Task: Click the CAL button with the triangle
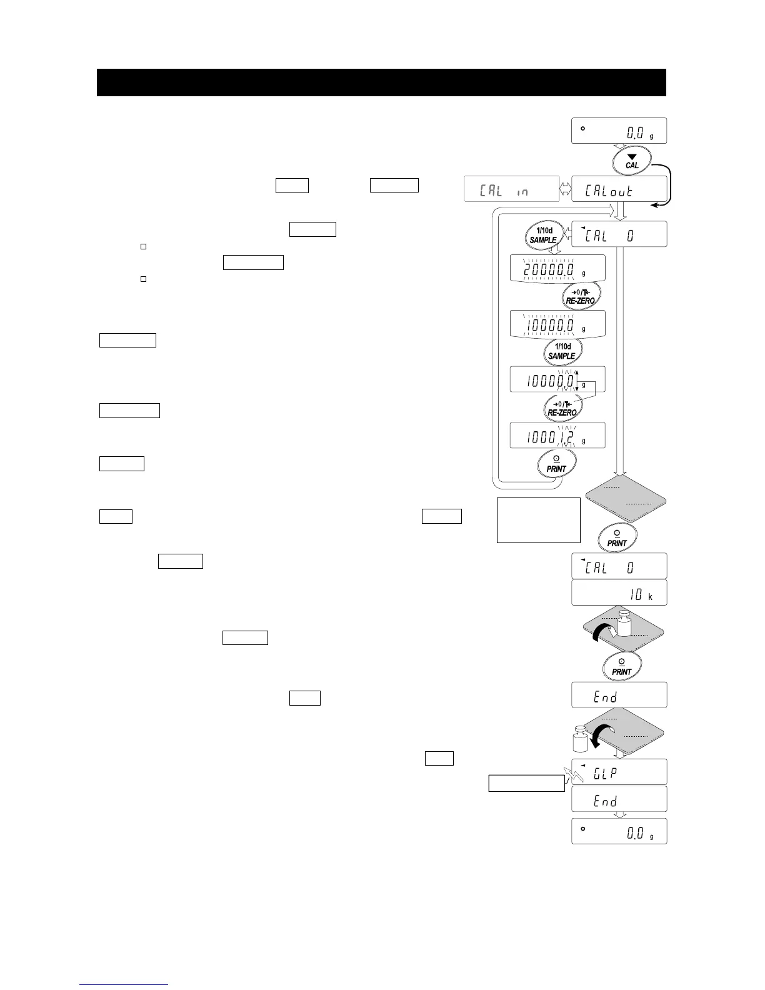632,161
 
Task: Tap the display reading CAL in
511,189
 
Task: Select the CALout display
619,189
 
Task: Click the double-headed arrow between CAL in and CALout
565,189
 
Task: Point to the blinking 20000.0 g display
557,268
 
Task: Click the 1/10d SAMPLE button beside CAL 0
543,235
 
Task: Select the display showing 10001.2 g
557,436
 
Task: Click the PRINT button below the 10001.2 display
556,464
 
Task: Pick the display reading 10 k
619,592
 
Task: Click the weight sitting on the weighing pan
626,625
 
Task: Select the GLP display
619,772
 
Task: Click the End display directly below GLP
619,799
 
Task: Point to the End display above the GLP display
619,695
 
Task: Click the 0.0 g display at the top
619,131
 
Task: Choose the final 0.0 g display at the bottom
619,831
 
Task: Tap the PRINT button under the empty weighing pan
617,538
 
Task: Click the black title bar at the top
381,82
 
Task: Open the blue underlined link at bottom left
124,984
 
